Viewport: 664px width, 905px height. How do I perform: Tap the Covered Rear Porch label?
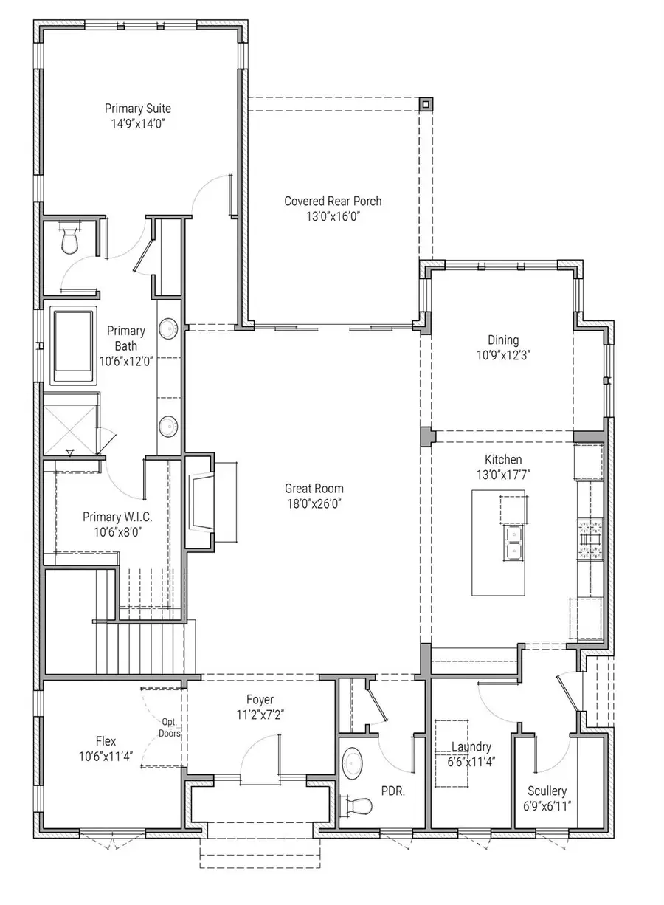tap(333, 201)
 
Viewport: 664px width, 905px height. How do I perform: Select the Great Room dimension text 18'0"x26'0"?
tap(314, 504)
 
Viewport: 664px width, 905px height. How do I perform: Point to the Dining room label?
tap(503, 340)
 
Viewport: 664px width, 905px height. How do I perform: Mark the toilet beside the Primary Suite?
tap(72, 240)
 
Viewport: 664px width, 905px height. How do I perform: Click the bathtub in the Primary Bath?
tap(74, 345)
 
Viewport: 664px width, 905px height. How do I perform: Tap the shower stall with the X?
tap(70, 424)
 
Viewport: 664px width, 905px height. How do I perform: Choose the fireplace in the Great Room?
tap(201, 501)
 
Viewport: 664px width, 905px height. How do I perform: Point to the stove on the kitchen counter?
tap(590, 541)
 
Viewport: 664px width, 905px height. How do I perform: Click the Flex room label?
tap(106, 741)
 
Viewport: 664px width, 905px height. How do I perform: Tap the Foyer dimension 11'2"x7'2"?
tap(260, 714)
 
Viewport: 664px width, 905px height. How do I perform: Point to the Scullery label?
tap(547, 791)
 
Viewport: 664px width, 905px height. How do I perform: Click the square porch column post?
tap(426, 104)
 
